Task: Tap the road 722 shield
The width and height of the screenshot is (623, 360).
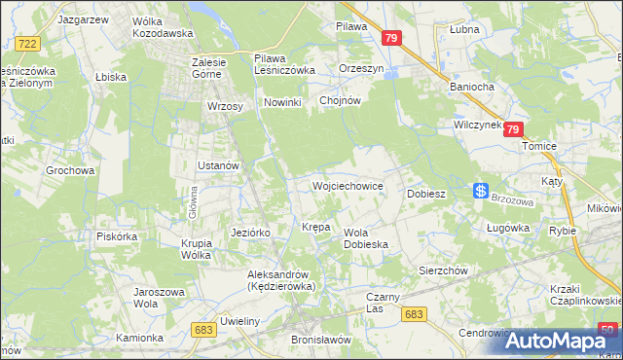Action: pos(28,43)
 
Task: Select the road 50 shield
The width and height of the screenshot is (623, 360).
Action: pos(607,329)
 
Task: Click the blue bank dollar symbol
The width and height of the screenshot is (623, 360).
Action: pos(481,191)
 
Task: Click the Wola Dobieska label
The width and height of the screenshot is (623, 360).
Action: pos(367,238)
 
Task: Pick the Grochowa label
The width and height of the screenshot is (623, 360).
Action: pos(70,170)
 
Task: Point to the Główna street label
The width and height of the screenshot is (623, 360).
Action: pos(193,203)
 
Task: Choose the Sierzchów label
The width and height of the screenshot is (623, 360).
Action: pos(444,270)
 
